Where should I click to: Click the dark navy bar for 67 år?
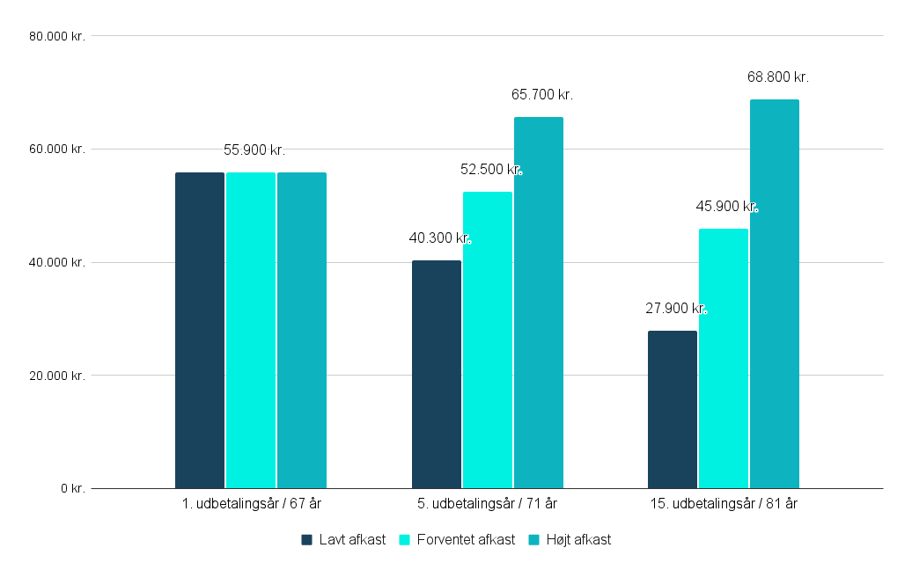(x=200, y=330)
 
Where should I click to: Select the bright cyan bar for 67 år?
(x=251, y=330)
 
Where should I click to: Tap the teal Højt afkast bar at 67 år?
(x=302, y=330)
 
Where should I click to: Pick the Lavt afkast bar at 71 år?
(x=437, y=374)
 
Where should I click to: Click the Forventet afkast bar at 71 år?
(x=488, y=340)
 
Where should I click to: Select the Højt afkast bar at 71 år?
(x=539, y=303)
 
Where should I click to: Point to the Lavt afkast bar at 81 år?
(x=673, y=409)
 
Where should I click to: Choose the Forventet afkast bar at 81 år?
(x=724, y=358)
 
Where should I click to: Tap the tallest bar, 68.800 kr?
(x=775, y=294)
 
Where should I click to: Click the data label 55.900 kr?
(x=254, y=150)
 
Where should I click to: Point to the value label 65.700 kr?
(x=542, y=95)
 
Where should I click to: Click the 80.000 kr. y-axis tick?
(x=56, y=36)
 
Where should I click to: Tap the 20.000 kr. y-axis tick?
(x=56, y=376)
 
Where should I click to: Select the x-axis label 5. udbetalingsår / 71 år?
(x=488, y=504)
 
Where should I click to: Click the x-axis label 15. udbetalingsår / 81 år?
(x=724, y=504)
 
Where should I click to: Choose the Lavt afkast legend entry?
(x=343, y=540)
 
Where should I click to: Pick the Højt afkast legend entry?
(x=570, y=540)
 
